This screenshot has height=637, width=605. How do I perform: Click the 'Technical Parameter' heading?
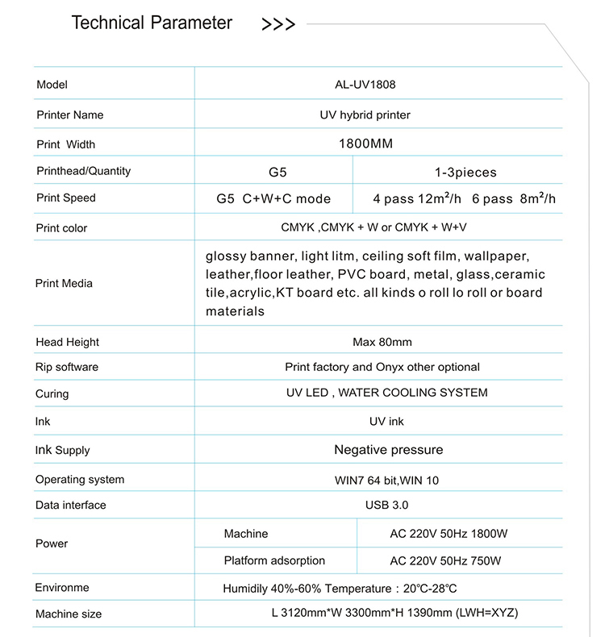(x=152, y=23)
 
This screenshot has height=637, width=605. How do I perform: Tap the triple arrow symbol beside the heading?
(x=278, y=25)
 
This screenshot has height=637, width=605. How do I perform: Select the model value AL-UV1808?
(x=365, y=85)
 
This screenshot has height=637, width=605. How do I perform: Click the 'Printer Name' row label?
(x=70, y=115)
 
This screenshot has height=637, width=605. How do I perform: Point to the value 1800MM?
(x=365, y=144)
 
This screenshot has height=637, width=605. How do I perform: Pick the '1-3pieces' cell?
(x=465, y=173)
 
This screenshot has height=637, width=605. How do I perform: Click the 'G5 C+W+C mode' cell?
(x=273, y=199)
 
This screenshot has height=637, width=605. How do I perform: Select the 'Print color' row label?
(x=61, y=228)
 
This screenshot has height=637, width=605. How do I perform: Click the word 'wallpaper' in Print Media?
(x=496, y=256)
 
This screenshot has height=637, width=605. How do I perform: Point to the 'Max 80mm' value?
(x=382, y=342)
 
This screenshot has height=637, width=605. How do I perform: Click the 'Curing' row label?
(x=52, y=394)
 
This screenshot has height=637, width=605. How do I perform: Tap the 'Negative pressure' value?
(x=388, y=450)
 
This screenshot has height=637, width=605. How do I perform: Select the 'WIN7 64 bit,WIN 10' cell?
(x=386, y=481)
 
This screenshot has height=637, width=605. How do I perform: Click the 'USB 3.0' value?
(x=387, y=506)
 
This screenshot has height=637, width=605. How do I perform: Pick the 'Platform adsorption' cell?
(x=274, y=560)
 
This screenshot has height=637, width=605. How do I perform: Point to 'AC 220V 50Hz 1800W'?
(x=449, y=534)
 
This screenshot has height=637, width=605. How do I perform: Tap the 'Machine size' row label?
(x=69, y=614)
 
